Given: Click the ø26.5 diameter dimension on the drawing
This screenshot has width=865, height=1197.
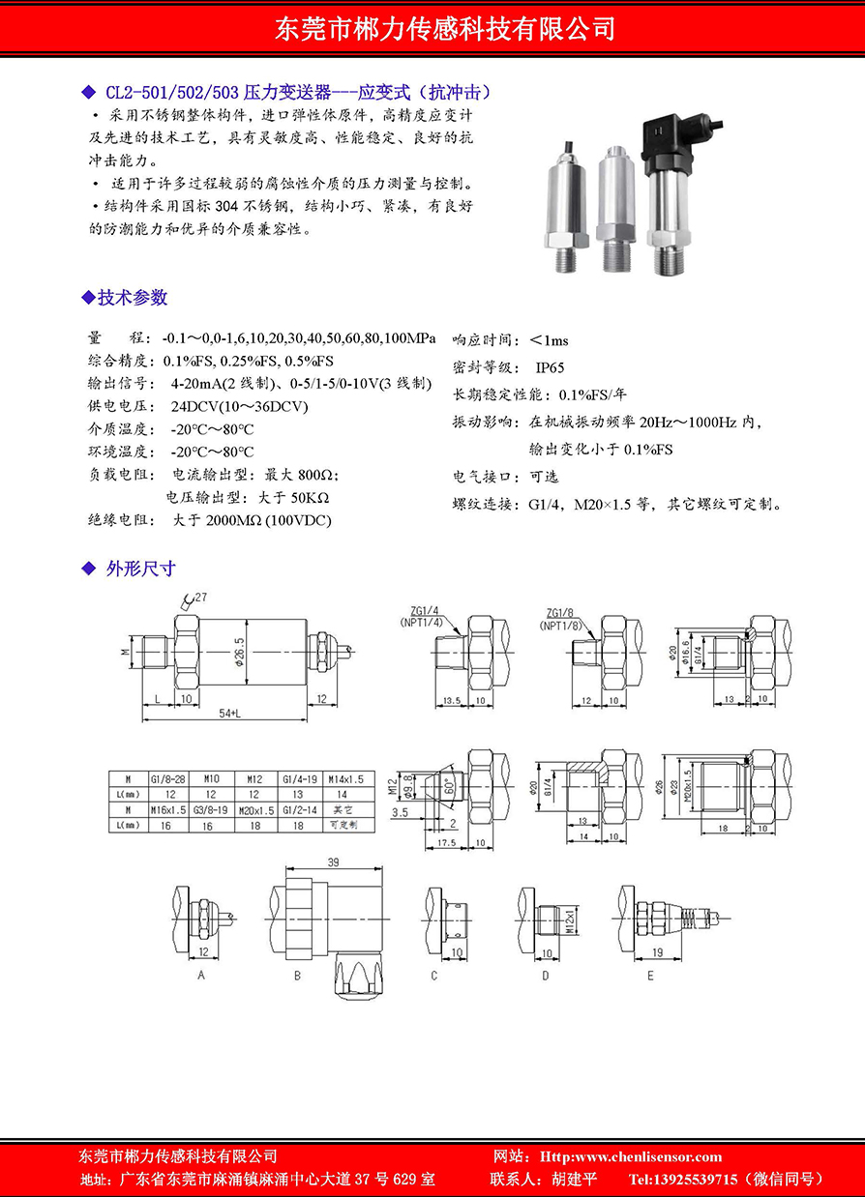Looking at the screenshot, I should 240,657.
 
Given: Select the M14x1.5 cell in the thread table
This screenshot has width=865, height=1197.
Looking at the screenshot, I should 345,778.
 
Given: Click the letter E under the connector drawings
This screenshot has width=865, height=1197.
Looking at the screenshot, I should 650,976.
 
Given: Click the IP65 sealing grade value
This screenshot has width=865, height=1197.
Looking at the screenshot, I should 550,367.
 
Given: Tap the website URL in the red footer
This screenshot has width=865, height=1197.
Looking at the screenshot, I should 644,1156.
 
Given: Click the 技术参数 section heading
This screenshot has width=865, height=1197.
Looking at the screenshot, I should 133,297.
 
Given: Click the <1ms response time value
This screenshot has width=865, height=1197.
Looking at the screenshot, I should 549,340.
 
